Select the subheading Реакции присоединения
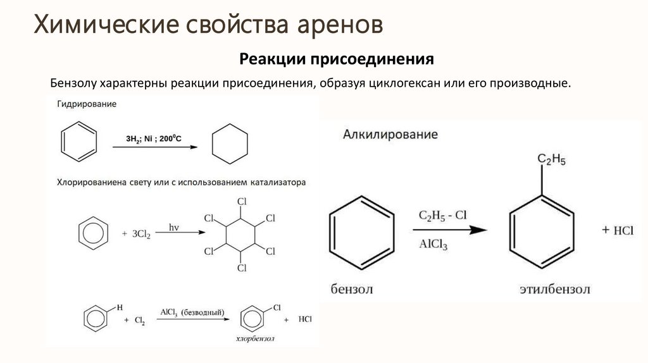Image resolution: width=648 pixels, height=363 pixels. point(336,59)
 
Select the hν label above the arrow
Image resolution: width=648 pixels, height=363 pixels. point(175,226)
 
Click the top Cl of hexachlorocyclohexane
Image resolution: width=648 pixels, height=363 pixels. point(241,202)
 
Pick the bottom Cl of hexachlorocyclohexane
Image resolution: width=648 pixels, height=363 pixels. point(241,268)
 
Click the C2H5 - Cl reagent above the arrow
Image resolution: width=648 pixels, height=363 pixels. point(442,216)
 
